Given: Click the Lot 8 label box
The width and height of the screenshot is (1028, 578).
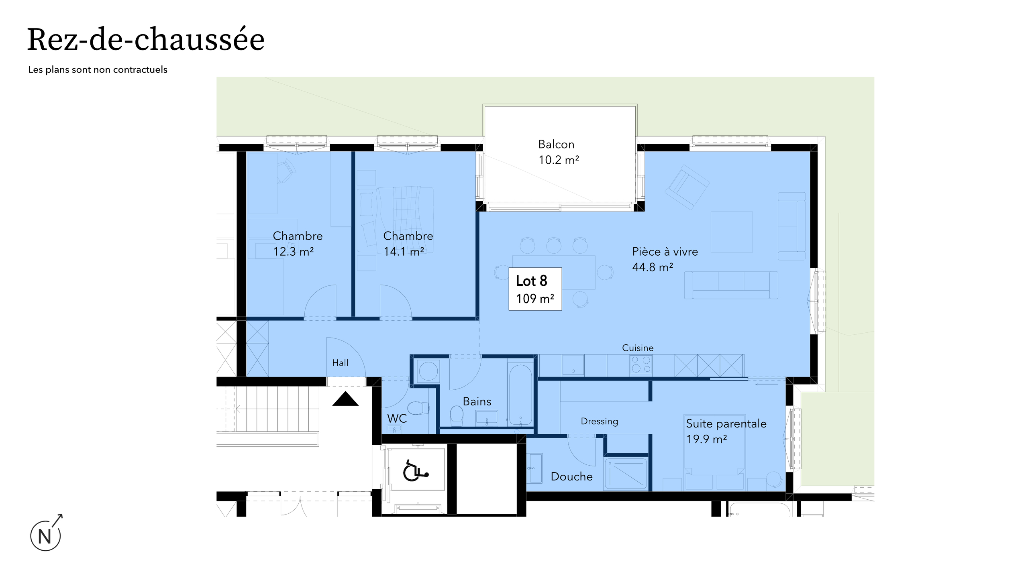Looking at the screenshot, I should click(535, 289).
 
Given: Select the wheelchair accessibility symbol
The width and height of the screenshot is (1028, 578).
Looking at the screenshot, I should click(415, 471).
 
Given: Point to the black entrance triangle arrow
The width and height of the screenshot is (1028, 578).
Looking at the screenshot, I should click(345, 399).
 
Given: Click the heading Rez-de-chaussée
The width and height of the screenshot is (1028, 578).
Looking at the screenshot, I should click(146, 40).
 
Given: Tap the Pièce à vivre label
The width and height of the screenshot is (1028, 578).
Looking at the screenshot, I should click(665, 252).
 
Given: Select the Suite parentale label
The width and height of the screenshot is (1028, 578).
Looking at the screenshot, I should click(726, 423).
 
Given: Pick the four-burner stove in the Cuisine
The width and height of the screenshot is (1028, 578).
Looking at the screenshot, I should click(641, 365).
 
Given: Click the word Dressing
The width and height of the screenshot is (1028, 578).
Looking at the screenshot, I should click(599, 421).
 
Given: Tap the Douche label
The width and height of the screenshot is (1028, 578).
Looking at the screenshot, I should click(571, 476).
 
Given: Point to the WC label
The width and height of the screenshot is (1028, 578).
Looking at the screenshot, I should click(397, 418).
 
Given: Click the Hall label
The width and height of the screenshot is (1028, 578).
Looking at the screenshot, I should click(340, 363).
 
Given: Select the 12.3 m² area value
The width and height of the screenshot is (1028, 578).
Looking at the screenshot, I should click(293, 252).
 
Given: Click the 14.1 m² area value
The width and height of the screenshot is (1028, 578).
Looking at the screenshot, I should click(404, 252).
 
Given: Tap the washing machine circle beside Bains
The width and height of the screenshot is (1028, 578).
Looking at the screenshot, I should click(428, 371).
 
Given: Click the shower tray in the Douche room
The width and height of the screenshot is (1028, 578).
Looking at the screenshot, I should click(626, 474).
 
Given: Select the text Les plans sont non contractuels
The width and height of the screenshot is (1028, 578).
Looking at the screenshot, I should click(98, 69).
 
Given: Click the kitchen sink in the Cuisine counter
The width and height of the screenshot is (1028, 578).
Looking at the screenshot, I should click(573, 364).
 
